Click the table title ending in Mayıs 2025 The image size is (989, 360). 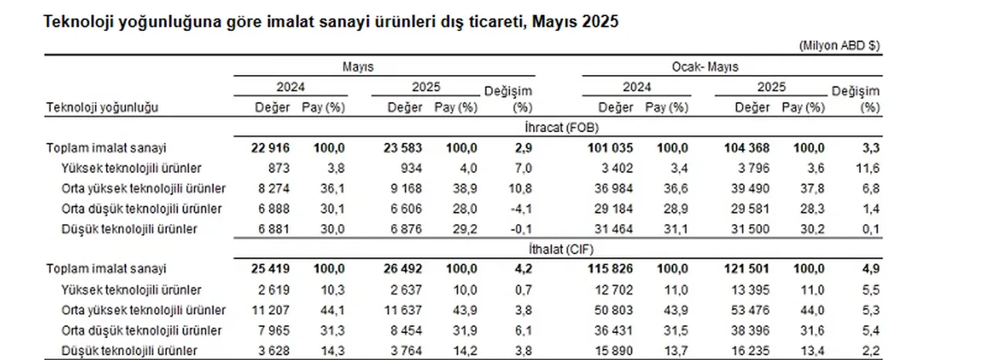333,22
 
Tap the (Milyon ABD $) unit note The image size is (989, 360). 838,46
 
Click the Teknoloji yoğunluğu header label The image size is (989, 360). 103,108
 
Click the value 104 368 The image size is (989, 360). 744,148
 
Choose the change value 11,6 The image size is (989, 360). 870,168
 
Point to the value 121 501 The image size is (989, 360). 744,270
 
